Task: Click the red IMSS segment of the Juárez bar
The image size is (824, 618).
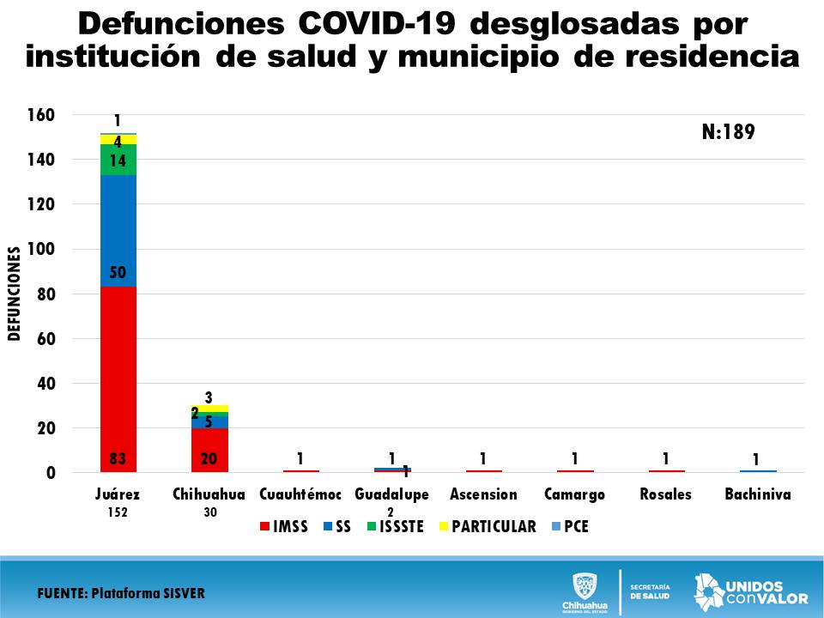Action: pyautogui.click(x=118, y=378)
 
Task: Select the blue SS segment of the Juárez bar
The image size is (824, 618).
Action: pyautogui.click(x=118, y=230)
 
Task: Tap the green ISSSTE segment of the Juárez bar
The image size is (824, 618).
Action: pyautogui.click(x=118, y=159)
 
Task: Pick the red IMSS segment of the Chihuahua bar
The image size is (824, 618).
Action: pyautogui.click(x=209, y=450)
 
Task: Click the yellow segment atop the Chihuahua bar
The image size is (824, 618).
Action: pyautogui.click(x=209, y=409)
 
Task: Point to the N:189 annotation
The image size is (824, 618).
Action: pyautogui.click(x=727, y=132)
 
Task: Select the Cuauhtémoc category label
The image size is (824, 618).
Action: pyautogui.click(x=300, y=494)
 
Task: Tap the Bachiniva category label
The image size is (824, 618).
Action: pyautogui.click(x=758, y=494)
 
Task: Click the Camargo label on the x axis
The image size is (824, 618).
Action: pyautogui.click(x=574, y=494)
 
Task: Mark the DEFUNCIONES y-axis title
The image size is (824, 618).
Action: pyautogui.click(x=14, y=294)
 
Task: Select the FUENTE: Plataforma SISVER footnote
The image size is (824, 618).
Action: pyautogui.click(x=121, y=594)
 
